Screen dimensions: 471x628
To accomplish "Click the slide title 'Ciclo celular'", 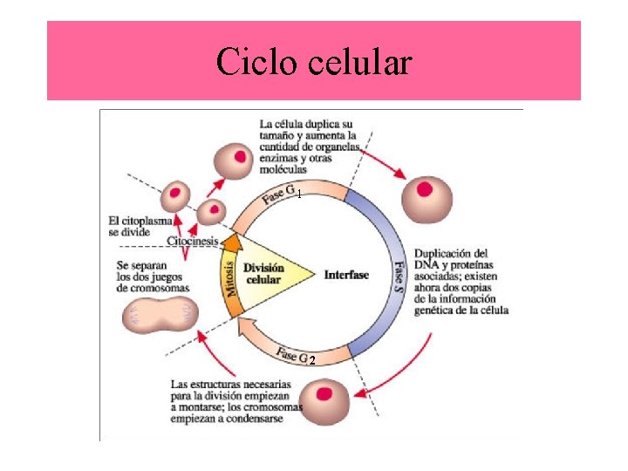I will click(313, 62).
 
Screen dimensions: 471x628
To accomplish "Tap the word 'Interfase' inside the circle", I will click(346, 275).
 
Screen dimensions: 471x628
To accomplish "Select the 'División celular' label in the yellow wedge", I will click(263, 274).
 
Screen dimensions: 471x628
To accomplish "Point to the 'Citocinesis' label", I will click(193, 240).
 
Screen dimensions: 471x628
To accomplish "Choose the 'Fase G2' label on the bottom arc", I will click(297, 357).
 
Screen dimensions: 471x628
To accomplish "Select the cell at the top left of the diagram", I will click(232, 160).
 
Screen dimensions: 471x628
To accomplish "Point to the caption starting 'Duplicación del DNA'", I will click(461, 282).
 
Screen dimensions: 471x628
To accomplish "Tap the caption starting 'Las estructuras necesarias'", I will click(235, 402).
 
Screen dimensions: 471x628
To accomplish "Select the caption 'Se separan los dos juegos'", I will click(154, 276).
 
